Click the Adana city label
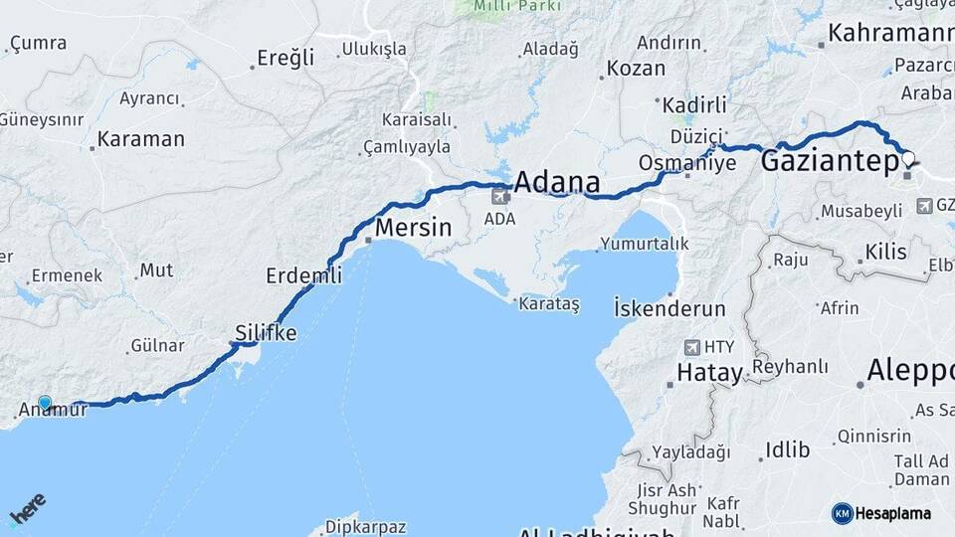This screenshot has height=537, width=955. tap(556, 183)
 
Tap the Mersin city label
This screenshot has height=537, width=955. tap(413, 228)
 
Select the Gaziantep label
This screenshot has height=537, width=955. tap(830, 162)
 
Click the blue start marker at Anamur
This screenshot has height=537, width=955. tap(45, 403)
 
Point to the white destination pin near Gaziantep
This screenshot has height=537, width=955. tap(907, 158)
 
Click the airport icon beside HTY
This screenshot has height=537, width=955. tap(692, 348)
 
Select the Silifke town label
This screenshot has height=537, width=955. tap(266, 333)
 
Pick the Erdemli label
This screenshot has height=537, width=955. tap(303, 275)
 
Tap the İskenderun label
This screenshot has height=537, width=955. tap(669, 308)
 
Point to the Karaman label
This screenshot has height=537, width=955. tap(141, 139)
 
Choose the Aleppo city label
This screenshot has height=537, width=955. tap(909, 371)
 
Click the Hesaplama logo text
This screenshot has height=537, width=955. tap(892, 513)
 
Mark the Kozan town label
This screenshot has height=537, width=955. tap(635, 68)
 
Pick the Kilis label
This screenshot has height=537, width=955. tap(885, 252)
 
